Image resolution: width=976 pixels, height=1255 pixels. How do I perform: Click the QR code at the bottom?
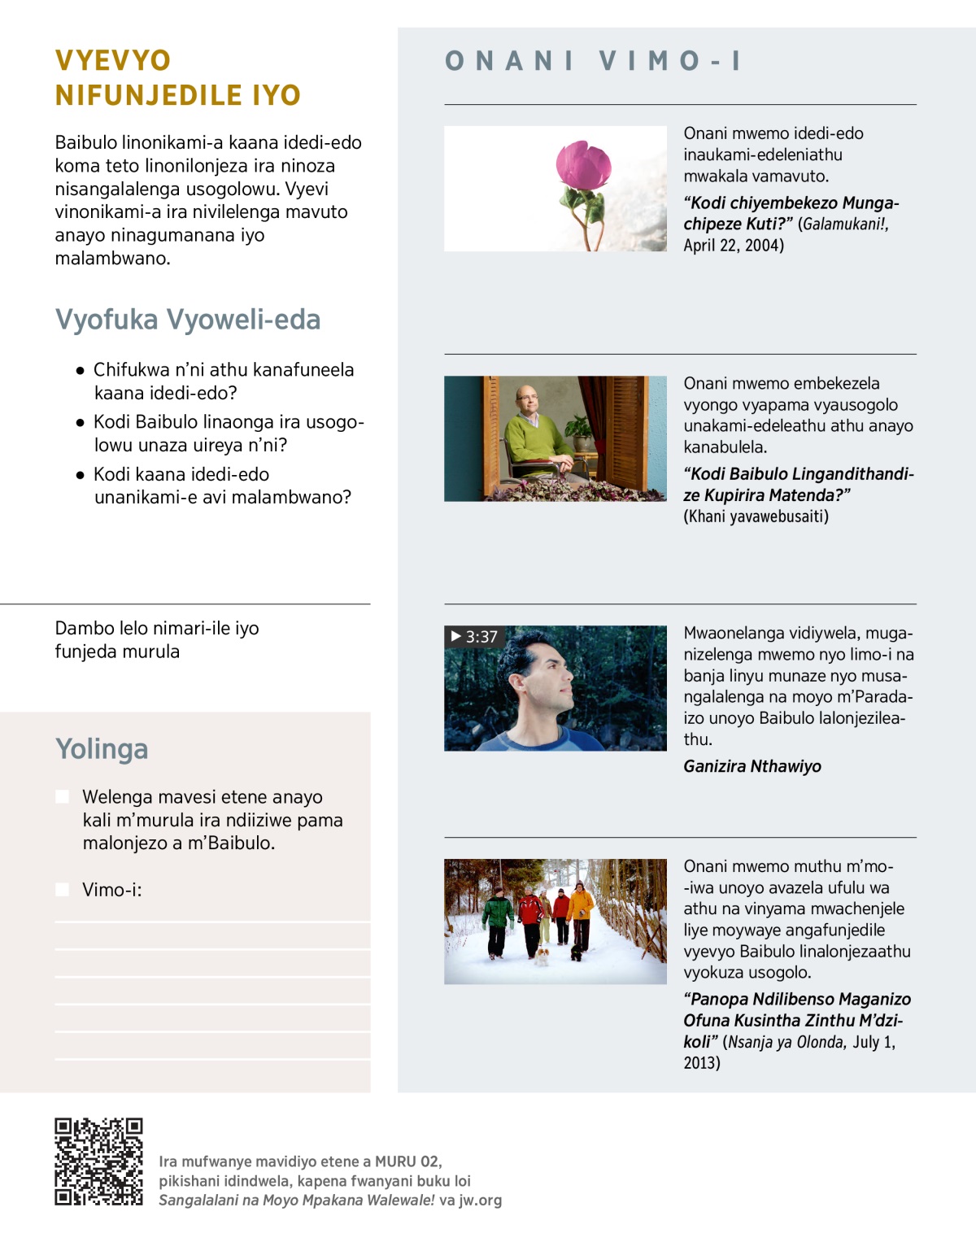click(x=98, y=1161)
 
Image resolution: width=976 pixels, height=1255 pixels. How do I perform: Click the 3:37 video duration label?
click(x=474, y=637)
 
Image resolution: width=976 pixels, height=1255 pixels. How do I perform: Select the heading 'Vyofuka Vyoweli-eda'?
click(x=188, y=320)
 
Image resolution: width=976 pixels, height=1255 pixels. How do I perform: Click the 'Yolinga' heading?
click(x=102, y=749)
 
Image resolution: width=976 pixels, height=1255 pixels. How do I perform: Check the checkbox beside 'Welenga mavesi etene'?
click(x=63, y=797)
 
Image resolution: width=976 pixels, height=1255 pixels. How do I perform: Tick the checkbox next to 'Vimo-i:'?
click(x=63, y=890)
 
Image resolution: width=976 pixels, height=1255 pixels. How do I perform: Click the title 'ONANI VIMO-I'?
click(x=593, y=61)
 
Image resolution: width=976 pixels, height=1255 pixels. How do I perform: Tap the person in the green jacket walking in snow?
click(x=496, y=915)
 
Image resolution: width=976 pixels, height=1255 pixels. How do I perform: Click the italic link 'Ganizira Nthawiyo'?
click(x=752, y=766)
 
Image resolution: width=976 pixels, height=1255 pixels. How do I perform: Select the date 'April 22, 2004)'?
click(x=734, y=246)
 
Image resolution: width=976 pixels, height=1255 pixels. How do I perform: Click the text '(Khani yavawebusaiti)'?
click(x=756, y=516)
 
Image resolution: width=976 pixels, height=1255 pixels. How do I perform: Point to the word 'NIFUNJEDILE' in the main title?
click(x=149, y=96)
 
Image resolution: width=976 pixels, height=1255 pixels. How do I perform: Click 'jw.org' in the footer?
click(x=480, y=1201)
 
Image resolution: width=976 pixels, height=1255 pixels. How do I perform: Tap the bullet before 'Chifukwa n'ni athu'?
click(x=80, y=371)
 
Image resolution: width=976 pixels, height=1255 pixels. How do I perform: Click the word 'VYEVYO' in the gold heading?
click(x=113, y=61)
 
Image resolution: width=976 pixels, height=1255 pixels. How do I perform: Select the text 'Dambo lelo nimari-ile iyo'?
click(x=157, y=629)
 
